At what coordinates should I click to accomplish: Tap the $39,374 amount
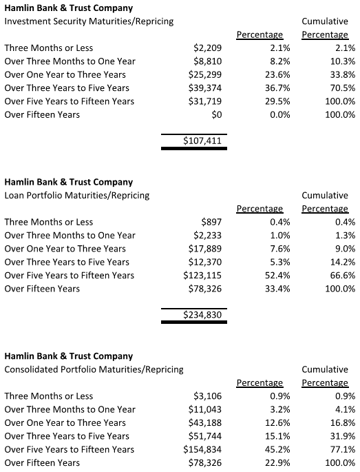(x=204, y=88)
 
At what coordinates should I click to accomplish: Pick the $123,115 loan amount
(x=202, y=276)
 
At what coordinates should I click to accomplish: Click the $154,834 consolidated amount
(x=202, y=450)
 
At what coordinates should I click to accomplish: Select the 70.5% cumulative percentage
(x=341, y=88)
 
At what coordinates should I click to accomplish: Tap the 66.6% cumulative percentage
(x=341, y=276)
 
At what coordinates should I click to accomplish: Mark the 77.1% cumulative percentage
(x=341, y=450)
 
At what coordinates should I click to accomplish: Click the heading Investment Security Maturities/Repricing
(x=89, y=21)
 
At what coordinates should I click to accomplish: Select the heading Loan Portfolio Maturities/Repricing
(x=77, y=196)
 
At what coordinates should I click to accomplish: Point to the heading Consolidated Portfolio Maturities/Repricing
(x=94, y=370)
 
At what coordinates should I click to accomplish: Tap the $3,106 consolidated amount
(x=207, y=396)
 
